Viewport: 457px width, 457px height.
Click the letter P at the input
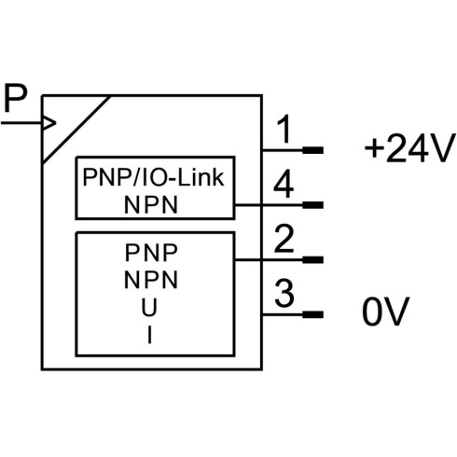(16, 98)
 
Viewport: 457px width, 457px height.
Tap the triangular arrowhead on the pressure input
(49, 123)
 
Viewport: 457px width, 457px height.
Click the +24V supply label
(409, 148)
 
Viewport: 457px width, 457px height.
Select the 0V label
(385, 312)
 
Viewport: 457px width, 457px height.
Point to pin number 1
(284, 129)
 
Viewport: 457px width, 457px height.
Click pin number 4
(284, 184)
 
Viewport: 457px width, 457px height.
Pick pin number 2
(284, 239)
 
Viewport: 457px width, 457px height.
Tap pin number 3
(284, 293)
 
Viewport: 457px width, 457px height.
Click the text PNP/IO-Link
(153, 177)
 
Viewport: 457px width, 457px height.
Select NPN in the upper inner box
(151, 205)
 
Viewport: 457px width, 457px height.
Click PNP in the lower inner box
(151, 253)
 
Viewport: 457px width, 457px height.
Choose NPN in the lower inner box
(151, 280)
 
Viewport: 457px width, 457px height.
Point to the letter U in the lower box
(149, 307)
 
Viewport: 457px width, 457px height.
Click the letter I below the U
(150, 335)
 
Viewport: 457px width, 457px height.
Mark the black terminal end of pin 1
(313, 150)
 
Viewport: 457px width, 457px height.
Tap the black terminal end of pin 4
(313, 205)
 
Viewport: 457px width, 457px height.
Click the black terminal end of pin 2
(313, 260)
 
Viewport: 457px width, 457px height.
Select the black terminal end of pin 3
(313, 314)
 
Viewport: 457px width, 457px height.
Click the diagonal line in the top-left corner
(76, 130)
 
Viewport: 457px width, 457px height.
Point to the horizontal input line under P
(21, 123)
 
